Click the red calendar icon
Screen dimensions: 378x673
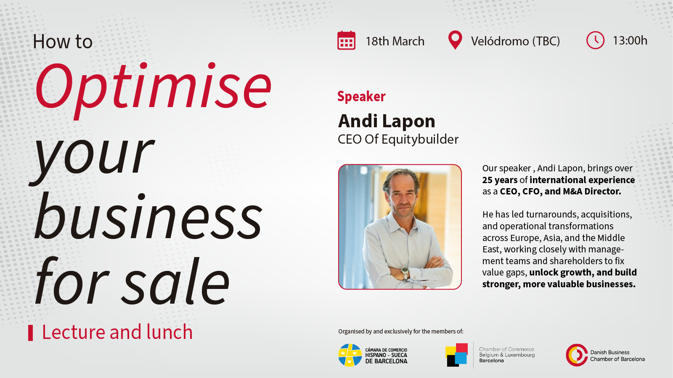346,41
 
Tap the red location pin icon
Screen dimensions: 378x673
455,40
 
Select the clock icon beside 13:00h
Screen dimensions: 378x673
595,40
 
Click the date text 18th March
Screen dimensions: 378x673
395,41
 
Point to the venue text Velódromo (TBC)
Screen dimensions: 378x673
515,41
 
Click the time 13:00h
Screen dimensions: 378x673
630,40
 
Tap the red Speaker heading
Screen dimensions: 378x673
361,97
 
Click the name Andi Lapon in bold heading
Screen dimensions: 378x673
387,121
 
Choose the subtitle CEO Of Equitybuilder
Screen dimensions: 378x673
398,139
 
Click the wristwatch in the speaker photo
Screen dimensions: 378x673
405,273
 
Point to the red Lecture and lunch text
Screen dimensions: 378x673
117,332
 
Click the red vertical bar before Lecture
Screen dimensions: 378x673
30,333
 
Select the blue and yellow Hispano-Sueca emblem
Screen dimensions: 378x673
350,355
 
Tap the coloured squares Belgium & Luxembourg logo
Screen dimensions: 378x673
457,355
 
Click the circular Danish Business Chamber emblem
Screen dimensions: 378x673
576,355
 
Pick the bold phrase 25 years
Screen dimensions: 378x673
500,180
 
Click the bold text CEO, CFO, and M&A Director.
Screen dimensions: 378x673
560,192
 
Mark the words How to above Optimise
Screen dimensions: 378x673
63,42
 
